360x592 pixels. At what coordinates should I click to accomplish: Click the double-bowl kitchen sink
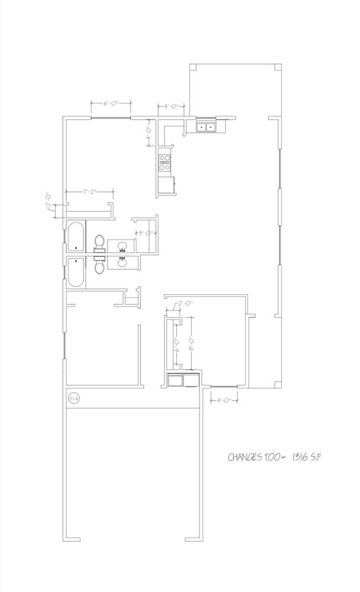[x=206, y=126]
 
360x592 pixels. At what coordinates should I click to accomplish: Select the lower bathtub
[x=75, y=273]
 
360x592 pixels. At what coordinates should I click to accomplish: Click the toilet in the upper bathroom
[x=99, y=243]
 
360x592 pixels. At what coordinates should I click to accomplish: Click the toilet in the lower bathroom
[x=99, y=266]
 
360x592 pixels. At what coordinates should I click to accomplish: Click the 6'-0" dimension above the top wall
[x=110, y=103]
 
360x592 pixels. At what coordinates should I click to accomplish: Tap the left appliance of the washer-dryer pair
[x=175, y=380]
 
